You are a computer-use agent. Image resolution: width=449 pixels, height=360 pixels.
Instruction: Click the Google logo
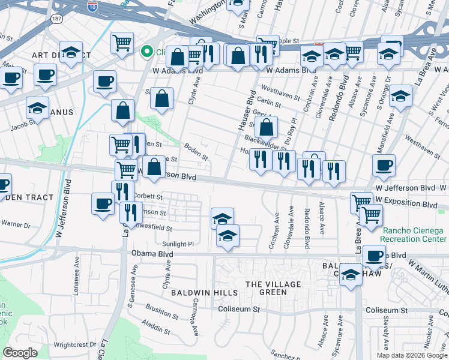point(20,353)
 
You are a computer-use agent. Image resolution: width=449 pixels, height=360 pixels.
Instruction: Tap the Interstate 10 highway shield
point(92,6)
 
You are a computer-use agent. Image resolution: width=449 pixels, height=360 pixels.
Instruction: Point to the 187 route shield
point(56,19)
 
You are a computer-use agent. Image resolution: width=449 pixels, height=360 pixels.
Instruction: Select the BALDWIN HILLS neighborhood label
point(204,293)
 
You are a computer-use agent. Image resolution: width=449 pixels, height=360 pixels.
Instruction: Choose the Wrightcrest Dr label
point(75,345)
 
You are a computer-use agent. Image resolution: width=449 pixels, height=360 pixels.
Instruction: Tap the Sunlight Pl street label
point(178,244)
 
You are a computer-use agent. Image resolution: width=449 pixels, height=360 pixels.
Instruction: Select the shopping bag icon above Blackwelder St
point(266,127)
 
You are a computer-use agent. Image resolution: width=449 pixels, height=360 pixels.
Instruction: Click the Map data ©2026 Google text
point(411,355)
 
